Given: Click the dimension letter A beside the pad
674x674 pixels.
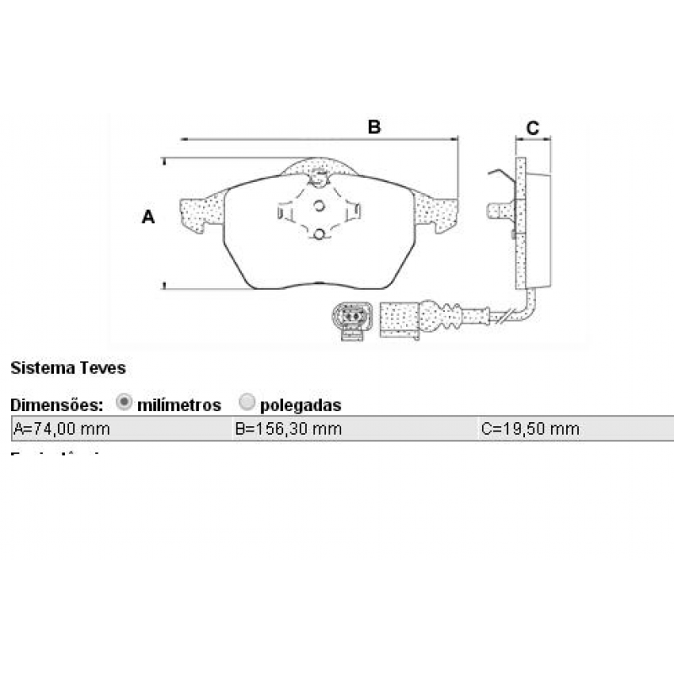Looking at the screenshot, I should click(148, 217).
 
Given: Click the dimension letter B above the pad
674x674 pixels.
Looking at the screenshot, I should click(374, 127).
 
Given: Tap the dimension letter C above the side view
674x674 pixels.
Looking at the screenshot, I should click(532, 128).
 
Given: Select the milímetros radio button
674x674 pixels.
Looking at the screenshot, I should click(124, 403).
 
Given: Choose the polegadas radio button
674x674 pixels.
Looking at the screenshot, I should click(247, 403).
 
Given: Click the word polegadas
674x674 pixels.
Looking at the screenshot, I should click(301, 405).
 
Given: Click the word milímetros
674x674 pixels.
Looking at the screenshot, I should click(179, 405).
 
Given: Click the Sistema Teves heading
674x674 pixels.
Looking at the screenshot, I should click(67, 368).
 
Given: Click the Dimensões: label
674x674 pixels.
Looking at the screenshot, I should click(56, 405).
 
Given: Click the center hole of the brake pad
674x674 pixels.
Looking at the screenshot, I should click(319, 206).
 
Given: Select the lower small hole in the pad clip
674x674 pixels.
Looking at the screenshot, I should click(319, 233).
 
